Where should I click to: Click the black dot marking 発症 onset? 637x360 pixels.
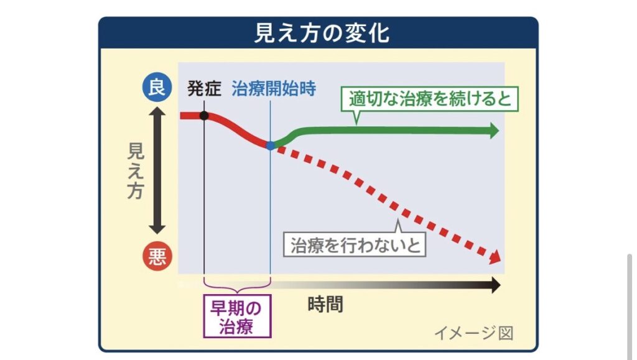(204, 116)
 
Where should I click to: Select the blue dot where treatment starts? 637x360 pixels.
(270, 145)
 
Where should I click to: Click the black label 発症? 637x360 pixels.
(204, 88)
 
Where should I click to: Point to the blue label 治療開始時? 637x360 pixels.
(274, 88)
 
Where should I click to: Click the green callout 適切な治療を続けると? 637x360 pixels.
(429, 99)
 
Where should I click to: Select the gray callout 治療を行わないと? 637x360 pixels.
(355, 244)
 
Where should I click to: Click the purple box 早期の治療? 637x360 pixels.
(237, 316)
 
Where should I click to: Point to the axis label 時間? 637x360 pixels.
(325, 304)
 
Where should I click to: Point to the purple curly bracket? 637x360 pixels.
(237, 285)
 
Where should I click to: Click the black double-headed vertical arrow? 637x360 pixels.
(157, 171)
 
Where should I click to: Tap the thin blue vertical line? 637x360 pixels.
(271, 205)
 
